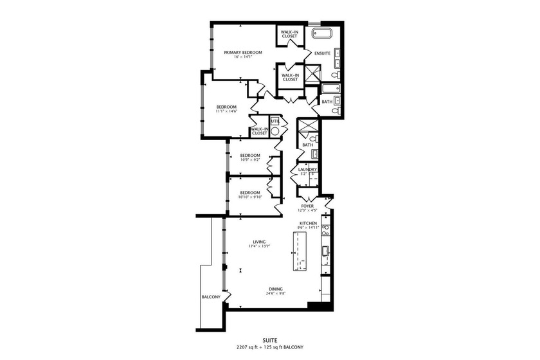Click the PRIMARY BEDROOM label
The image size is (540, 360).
243,52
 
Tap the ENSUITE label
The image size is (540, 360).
323,53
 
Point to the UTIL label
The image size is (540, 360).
274,120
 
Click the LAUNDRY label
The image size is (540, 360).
307,169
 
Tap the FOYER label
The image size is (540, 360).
307,206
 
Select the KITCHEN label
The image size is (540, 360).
308,223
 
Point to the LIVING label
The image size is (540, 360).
259,241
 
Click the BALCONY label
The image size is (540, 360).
211,297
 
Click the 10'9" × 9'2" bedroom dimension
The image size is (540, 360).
250,159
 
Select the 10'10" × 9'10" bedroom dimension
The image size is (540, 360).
250,197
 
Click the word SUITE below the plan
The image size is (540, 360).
270,341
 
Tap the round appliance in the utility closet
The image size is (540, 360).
275,130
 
